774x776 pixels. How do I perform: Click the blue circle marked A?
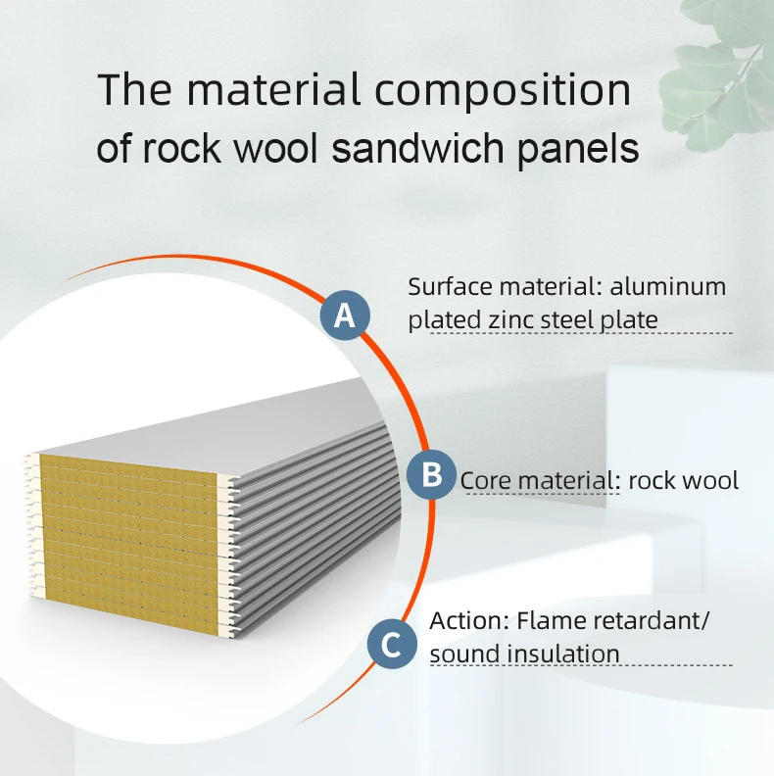[345, 315]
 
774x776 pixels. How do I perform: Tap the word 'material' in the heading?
[274, 90]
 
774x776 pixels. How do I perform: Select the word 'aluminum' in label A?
[668, 287]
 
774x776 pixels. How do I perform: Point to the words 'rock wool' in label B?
[684, 481]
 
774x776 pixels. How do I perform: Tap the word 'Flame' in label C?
[552, 620]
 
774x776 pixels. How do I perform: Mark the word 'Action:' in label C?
[469, 620]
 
